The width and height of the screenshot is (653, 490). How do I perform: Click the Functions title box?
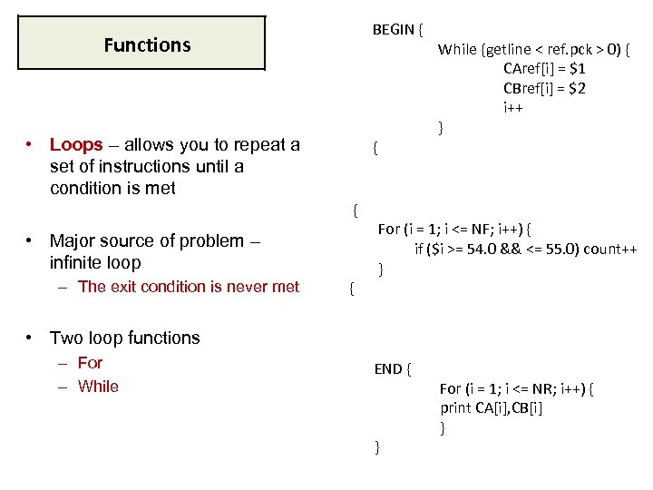coord(142,44)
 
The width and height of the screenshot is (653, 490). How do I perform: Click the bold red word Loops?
coord(76,145)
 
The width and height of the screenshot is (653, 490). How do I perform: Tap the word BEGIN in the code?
coord(393,30)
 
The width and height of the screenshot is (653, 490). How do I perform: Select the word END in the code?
coord(388,368)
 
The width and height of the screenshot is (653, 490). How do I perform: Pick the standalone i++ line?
coord(513,108)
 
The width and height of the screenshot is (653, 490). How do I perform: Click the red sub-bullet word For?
coord(90,363)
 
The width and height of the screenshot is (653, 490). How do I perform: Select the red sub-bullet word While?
coord(98,387)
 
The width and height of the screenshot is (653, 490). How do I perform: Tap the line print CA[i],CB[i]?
coord(492,407)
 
